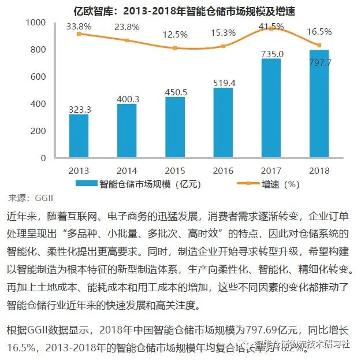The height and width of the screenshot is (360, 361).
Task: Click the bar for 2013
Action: click(x=79, y=136)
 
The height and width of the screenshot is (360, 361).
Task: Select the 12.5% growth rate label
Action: click(x=174, y=35)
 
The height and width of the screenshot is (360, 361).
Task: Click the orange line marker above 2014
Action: click(x=126, y=40)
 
